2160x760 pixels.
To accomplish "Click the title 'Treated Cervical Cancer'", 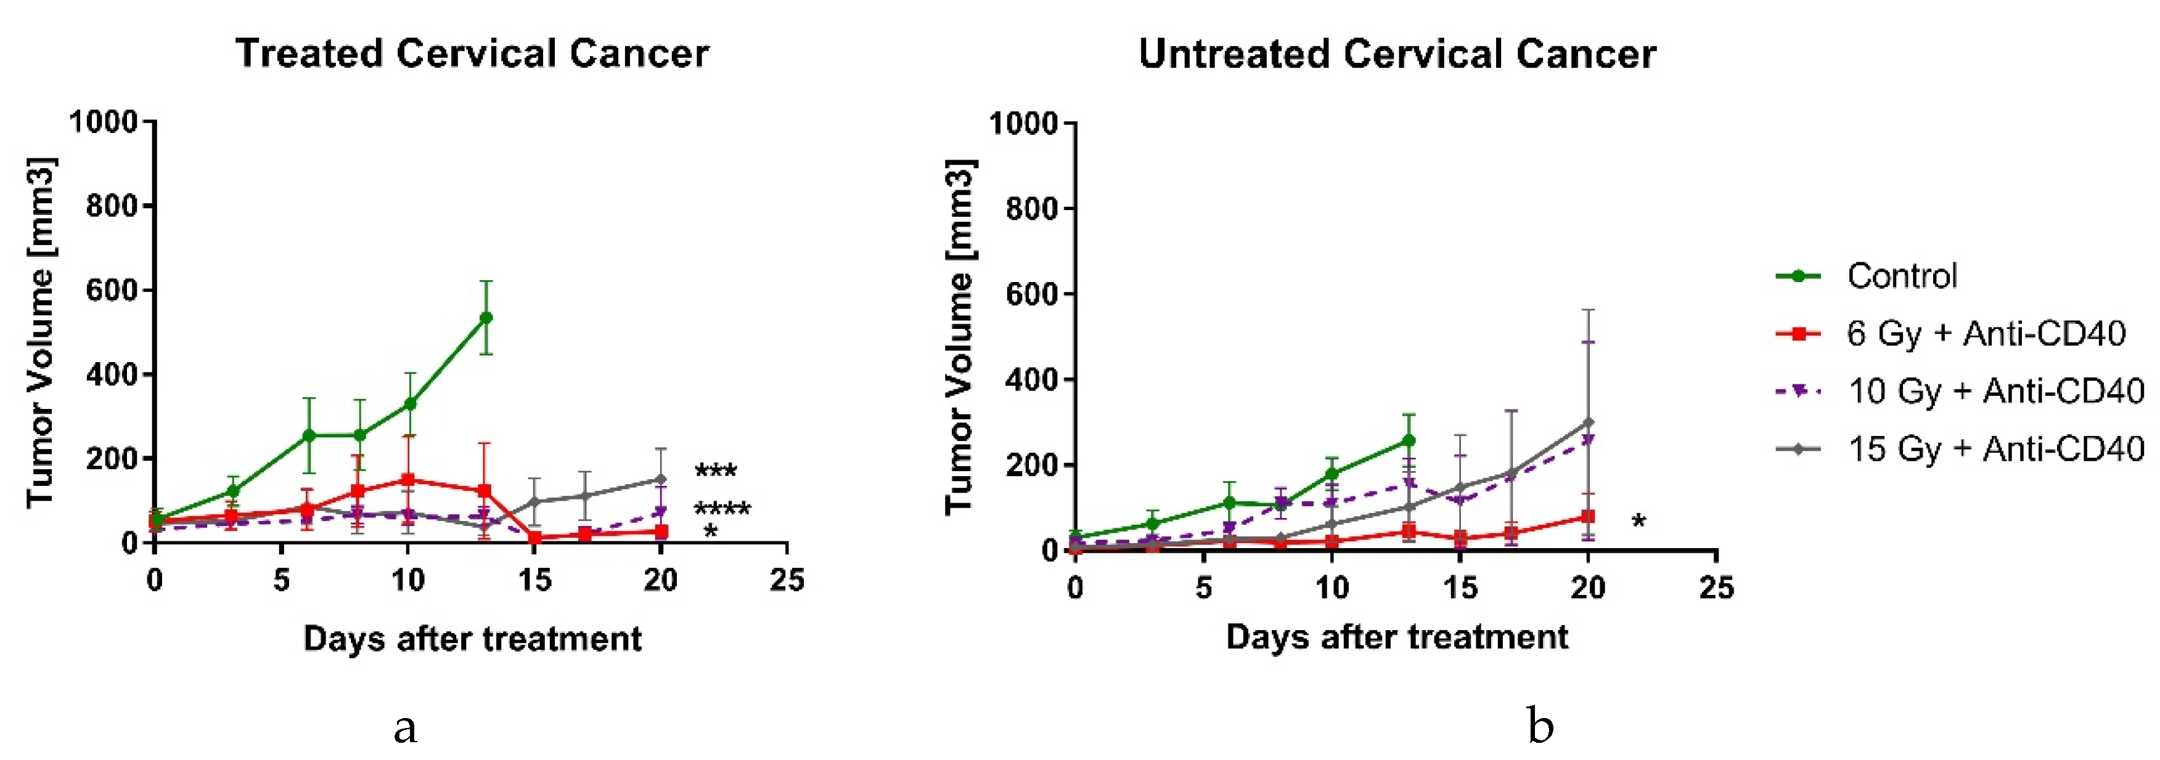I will [x=472, y=54].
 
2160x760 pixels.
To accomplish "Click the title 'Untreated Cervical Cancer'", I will [x=1397, y=54].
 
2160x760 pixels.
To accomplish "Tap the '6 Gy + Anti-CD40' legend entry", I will [x=1986, y=333].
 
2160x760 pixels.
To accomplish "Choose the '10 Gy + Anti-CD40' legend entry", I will [x=1995, y=391].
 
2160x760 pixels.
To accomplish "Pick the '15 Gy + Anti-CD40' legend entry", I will [x=1995, y=449].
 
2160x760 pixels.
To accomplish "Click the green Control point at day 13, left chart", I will [x=485, y=318].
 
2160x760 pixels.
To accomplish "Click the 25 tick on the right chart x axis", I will [x=1716, y=588].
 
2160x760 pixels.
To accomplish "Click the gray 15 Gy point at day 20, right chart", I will [x=1588, y=422].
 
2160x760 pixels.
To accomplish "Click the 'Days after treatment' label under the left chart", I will [x=472, y=639].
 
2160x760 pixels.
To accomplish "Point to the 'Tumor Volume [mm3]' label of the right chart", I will [x=959, y=335].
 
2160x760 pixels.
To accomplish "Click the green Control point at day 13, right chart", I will [x=1409, y=440].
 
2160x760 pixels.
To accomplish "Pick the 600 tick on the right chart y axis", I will [x=1032, y=294].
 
